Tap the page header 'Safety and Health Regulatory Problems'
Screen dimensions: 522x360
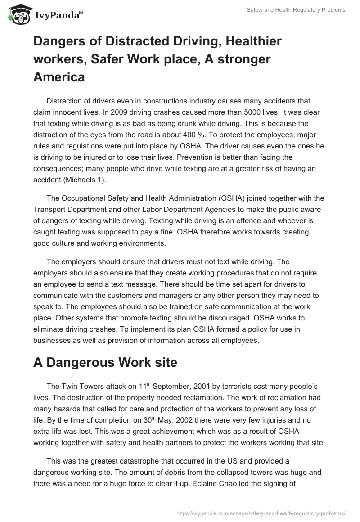296,10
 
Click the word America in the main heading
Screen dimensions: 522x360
59,77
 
